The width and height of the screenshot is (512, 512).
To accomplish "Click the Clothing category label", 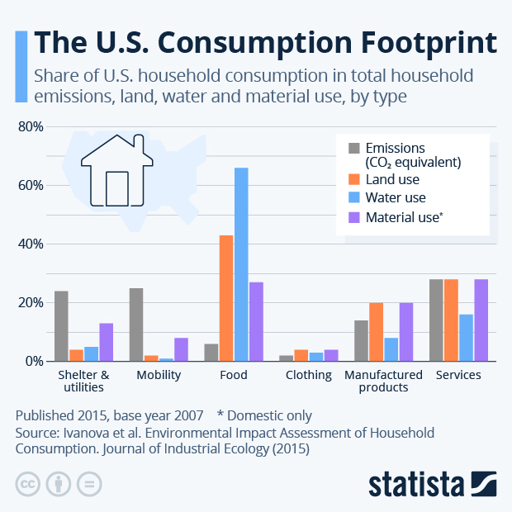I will [308, 375].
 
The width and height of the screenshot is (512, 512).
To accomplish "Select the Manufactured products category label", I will [383, 381].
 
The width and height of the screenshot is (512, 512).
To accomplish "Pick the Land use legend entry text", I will [392, 179].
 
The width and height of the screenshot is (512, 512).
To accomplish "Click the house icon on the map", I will [116, 168].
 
